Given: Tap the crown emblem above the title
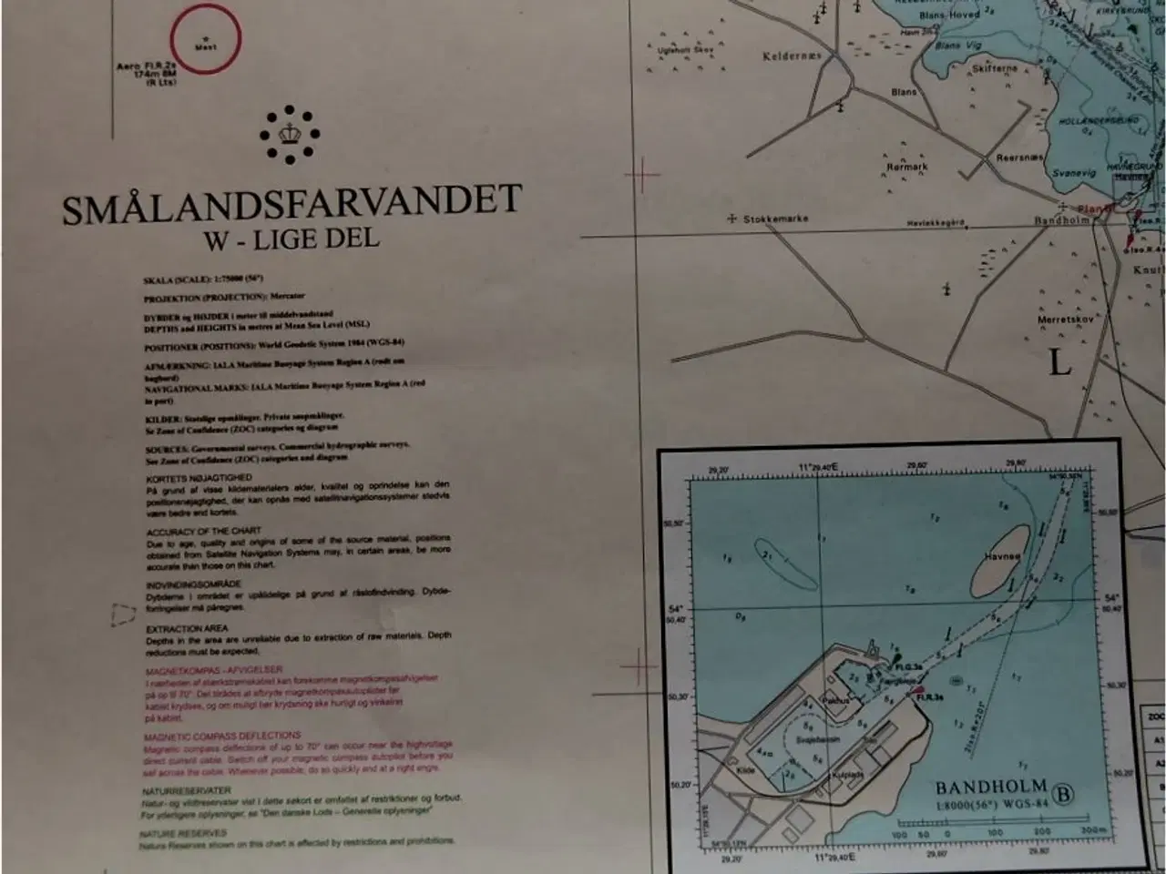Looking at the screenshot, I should [x=291, y=135].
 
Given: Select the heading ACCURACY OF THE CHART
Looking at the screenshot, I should [x=203, y=530].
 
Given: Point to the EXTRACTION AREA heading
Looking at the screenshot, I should [x=187, y=628].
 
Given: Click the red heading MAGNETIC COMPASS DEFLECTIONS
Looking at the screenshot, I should [x=221, y=735].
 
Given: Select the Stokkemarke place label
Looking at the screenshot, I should [x=775, y=219].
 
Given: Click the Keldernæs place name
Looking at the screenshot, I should [x=791, y=56].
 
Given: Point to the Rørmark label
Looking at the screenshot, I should [x=906, y=168].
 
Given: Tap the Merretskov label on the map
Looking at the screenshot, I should [x=1064, y=320].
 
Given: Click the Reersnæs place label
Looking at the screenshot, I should [x=1018, y=158].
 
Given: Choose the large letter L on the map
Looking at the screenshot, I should [x=1059, y=362].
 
